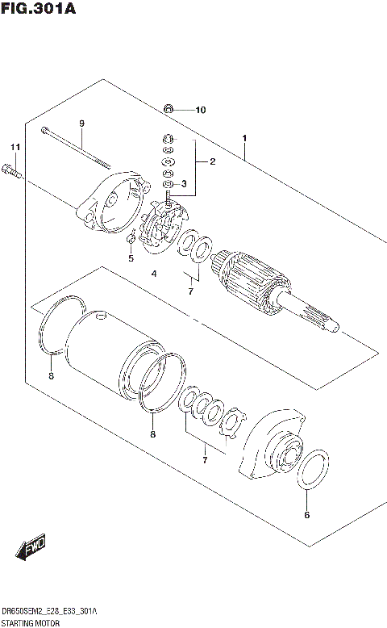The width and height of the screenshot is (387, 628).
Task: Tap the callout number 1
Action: click(x=243, y=138)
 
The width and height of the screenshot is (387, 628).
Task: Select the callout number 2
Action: click(x=212, y=162)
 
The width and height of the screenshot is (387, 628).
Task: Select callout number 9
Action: click(x=81, y=123)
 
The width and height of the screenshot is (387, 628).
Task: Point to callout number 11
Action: click(x=13, y=147)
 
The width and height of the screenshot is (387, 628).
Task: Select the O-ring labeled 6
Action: click(x=311, y=471)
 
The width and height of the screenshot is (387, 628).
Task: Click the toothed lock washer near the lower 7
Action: click(x=233, y=423)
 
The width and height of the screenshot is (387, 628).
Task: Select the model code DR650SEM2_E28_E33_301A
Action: click(x=49, y=610)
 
